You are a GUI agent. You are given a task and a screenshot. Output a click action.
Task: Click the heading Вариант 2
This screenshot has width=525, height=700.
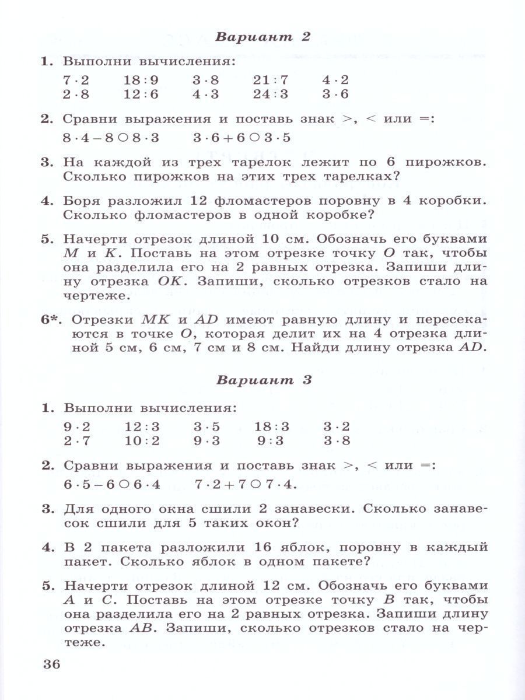pyautogui.click(x=262, y=37)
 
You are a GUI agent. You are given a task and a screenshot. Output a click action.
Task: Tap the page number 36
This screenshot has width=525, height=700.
pyautogui.click(x=52, y=664)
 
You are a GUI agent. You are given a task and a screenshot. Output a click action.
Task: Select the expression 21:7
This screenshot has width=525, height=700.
pyautogui.click(x=271, y=80)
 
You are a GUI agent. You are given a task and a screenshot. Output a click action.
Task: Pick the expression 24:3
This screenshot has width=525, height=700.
pyautogui.click(x=271, y=94)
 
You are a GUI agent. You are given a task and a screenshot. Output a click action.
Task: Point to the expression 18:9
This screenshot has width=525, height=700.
pyautogui.click(x=142, y=80)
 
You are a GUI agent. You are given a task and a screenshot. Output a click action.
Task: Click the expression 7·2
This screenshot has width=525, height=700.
pyautogui.click(x=76, y=80)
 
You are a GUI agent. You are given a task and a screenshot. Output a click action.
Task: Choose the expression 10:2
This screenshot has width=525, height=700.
pyautogui.click(x=142, y=440)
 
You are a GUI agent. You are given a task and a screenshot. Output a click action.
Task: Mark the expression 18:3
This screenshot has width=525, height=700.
pyautogui.click(x=271, y=426)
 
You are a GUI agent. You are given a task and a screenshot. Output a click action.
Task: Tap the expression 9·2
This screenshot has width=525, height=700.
pyautogui.click(x=76, y=426)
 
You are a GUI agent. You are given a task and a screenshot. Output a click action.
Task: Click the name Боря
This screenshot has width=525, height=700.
pyautogui.click(x=83, y=201)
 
